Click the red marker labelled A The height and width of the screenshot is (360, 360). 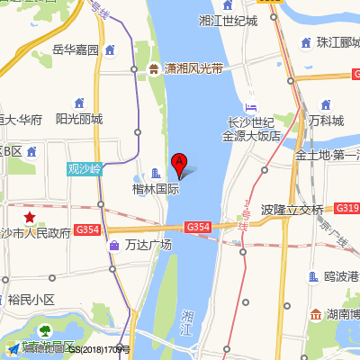click(x=179, y=165)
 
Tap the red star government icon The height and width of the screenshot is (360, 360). click(x=30, y=217)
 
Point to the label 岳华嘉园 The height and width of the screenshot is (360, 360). click(x=76, y=49)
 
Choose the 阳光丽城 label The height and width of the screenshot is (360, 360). click(x=79, y=118)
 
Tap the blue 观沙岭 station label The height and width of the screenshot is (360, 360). click(x=86, y=167)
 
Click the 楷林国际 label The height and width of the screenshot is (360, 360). click(x=156, y=190)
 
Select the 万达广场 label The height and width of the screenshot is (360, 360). click(x=148, y=245)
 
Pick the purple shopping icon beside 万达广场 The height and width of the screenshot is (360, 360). click(x=114, y=245)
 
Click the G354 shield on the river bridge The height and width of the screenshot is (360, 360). click(x=198, y=227)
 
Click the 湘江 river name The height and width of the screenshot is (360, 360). click(x=187, y=323)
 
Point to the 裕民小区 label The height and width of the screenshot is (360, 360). click(x=32, y=299)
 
